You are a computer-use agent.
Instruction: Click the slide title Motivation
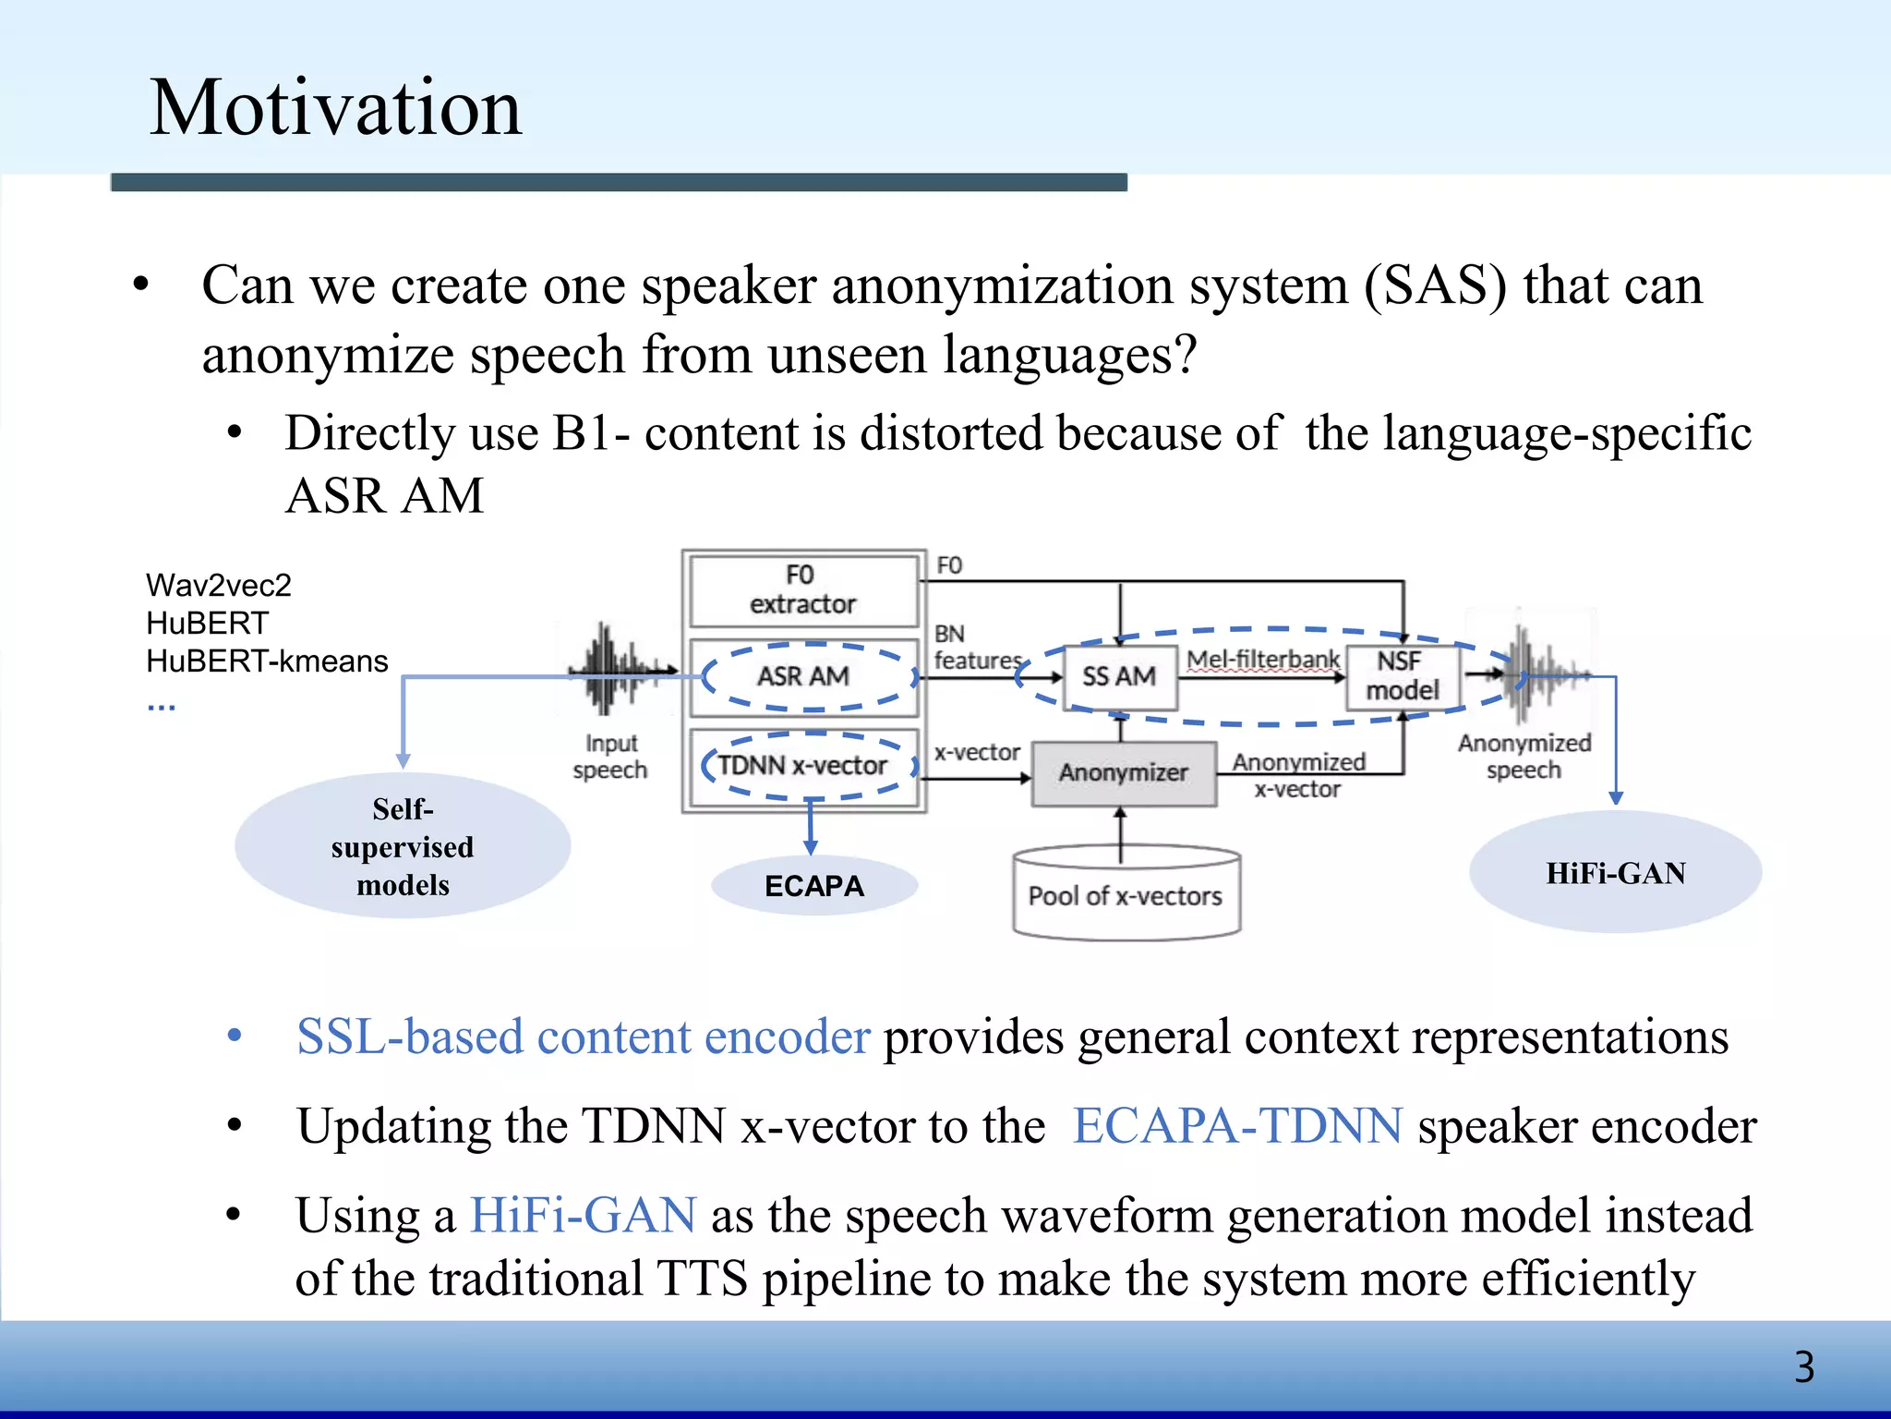[x=335, y=108]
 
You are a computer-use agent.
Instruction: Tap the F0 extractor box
[x=802, y=589]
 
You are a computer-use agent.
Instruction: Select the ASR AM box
[x=803, y=676]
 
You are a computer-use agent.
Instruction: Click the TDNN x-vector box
[x=802, y=766]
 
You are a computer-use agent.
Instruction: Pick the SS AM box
[x=1119, y=677]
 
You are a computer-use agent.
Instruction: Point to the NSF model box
[x=1402, y=676]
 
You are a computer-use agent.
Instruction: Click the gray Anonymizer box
[x=1123, y=773]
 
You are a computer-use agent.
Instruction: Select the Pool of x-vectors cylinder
[x=1126, y=893]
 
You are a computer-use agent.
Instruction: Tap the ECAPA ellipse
[x=813, y=886]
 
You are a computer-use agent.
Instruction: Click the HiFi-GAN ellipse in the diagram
[x=1615, y=873]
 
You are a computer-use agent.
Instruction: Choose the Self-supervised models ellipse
[x=403, y=846]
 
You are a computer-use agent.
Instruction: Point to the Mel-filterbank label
[x=1262, y=660]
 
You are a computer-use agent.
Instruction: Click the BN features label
[x=974, y=648]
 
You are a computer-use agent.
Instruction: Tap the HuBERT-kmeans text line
[x=267, y=661]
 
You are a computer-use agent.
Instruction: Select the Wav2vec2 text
[x=219, y=586]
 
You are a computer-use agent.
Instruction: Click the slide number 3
[x=1803, y=1367]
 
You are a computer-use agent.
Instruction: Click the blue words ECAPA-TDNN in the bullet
[x=1237, y=1126]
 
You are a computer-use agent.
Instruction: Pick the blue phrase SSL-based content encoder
[x=583, y=1037]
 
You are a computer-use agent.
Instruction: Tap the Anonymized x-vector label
[x=1297, y=775]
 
